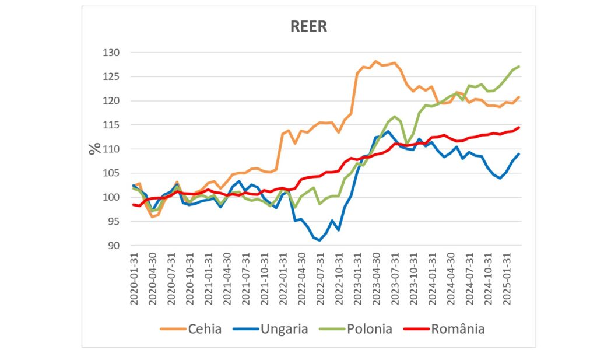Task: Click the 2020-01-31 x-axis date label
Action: tap(134, 278)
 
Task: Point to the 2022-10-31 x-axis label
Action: tap(338, 278)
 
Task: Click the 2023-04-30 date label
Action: tap(375, 278)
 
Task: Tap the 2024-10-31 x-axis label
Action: tap(487, 278)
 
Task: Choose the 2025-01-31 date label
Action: tap(505, 278)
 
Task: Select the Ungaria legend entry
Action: tap(284, 329)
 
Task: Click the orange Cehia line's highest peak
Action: tap(375, 61)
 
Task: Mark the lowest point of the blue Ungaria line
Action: tap(319, 240)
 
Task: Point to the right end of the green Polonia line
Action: tap(519, 67)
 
